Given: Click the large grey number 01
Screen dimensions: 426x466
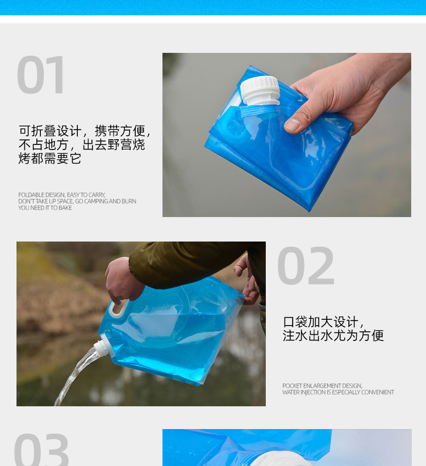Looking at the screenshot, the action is (40, 74).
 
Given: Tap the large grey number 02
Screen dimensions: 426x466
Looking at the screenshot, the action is (306, 265).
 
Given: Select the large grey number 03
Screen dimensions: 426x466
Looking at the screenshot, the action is (41, 450).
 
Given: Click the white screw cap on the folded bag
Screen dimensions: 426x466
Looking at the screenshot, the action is (260, 90).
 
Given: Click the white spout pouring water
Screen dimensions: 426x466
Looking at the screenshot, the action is (101, 347).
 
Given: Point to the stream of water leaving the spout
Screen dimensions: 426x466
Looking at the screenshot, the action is (76, 376).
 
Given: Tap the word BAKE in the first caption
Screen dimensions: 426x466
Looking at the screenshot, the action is (65, 208).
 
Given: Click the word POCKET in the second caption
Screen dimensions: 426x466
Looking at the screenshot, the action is (292, 386).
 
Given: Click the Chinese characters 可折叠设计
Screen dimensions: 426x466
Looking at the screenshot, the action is (50, 131).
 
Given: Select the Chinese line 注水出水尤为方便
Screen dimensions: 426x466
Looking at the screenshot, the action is (333, 335).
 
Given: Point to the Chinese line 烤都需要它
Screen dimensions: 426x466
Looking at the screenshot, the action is (50, 159).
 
